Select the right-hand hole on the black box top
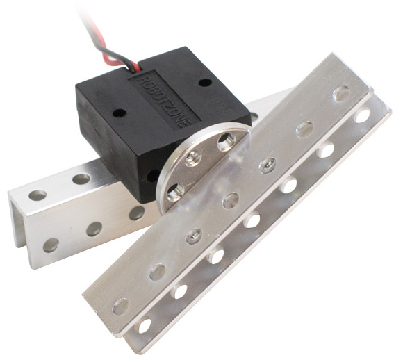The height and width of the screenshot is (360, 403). coord(204,82)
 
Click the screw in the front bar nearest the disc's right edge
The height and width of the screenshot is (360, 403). coord(267,165)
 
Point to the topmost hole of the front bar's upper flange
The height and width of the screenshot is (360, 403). coord(341,93)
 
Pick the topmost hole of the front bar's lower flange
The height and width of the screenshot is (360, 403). coord(362,115)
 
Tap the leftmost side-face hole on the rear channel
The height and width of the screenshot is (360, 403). coord(51,245)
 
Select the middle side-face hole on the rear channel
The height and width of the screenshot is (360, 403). coord(94,229)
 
